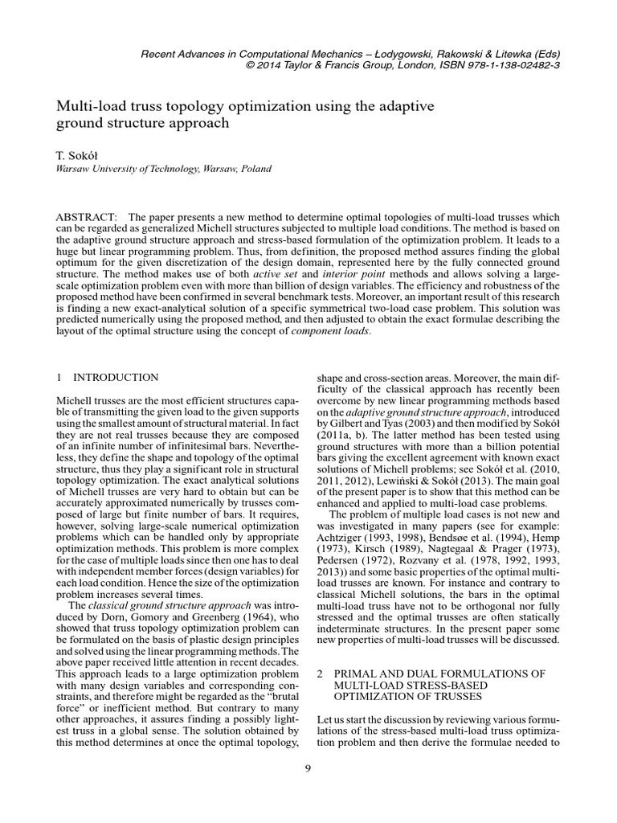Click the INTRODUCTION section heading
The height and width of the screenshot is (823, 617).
116,377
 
